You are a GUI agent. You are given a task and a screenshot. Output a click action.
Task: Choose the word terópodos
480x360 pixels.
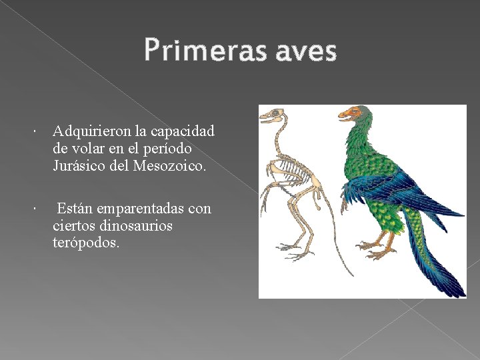86,243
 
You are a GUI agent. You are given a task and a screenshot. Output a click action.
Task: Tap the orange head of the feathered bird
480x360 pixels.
352,114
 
